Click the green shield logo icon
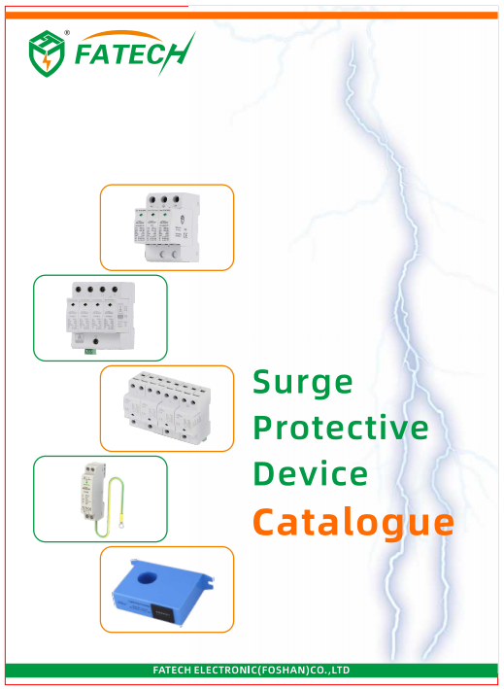click(47, 53)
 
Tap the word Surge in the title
click(302, 383)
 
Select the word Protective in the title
click(341, 427)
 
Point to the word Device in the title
click(311, 473)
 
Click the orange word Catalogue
click(353, 521)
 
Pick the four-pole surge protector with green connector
click(101, 317)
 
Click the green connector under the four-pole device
click(91, 351)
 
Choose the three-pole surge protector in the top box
click(167, 227)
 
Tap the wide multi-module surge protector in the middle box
click(167, 408)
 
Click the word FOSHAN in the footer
click(284, 671)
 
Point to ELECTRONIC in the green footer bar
click(224, 671)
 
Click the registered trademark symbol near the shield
click(67, 32)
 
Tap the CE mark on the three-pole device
click(185, 234)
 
